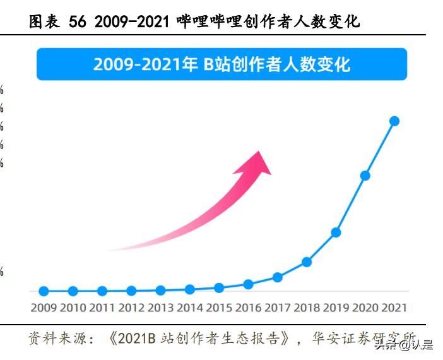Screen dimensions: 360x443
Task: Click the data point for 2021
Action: (394, 121)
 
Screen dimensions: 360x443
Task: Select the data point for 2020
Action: (365, 176)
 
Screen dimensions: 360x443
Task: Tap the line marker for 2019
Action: (336, 232)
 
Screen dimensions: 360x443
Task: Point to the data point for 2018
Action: (307, 261)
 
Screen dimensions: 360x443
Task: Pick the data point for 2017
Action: (277, 277)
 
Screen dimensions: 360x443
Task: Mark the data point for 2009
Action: (44, 291)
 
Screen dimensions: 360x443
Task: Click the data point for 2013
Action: (160, 291)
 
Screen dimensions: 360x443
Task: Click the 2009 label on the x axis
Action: (44, 308)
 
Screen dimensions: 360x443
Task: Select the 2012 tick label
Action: (131, 308)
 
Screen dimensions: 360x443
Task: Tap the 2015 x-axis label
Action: (219, 308)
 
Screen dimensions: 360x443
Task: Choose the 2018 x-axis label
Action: (307, 308)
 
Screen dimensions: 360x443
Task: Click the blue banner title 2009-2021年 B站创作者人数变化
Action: (222, 64)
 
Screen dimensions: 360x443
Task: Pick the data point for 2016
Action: (248, 284)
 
